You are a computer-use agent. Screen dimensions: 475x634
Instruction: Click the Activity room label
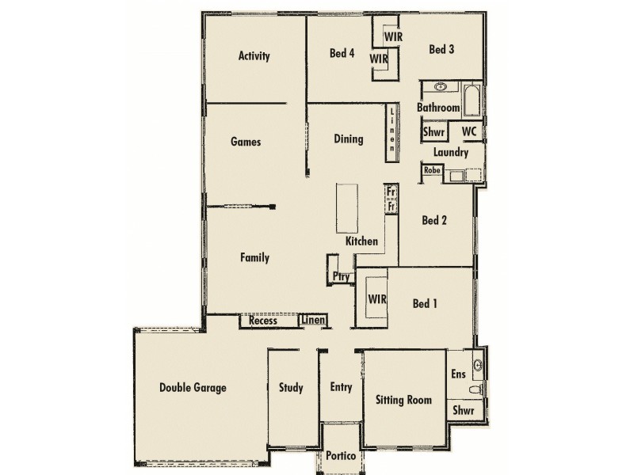pyautogui.click(x=254, y=56)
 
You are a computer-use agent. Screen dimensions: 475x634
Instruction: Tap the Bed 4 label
pyautogui.click(x=342, y=54)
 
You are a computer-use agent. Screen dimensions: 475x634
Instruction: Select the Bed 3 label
pyautogui.click(x=441, y=49)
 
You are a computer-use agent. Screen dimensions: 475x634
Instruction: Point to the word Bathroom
pyautogui.click(x=438, y=108)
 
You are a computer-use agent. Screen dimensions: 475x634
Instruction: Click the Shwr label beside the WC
pyautogui.click(x=433, y=131)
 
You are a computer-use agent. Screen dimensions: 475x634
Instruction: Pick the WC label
pyautogui.click(x=468, y=131)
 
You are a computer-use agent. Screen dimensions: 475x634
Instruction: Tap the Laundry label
pyautogui.click(x=451, y=152)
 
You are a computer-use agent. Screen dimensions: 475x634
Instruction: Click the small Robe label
pyautogui.click(x=432, y=170)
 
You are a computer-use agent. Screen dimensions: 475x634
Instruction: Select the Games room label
pyautogui.click(x=246, y=142)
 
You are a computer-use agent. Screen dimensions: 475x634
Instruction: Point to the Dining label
pyautogui.click(x=348, y=139)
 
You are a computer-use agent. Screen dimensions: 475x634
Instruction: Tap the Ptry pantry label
pyautogui.click(x=341, y=277)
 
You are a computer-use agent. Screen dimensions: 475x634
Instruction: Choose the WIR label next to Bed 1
pyautogui.click(x=377, y=299)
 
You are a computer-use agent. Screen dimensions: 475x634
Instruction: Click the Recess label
pyautogui.click(x=262, y=321)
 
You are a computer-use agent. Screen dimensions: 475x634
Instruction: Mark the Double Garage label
pyautogui.click(x=193, y=388)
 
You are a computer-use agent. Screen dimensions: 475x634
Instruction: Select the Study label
pyautogui.click(x=291, y=388)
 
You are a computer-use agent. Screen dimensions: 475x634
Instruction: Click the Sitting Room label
pyautogui.click(x=403, y=400)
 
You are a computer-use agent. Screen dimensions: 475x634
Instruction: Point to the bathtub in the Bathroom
pyautogui.click(x=472, y=97)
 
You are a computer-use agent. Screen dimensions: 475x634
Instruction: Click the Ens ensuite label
pyautogui.click(x=458, y=374)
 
